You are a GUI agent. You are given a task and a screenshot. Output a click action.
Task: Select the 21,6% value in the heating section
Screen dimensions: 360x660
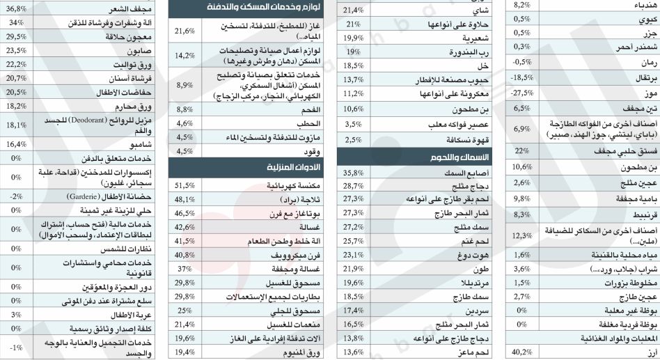point(184,31)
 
